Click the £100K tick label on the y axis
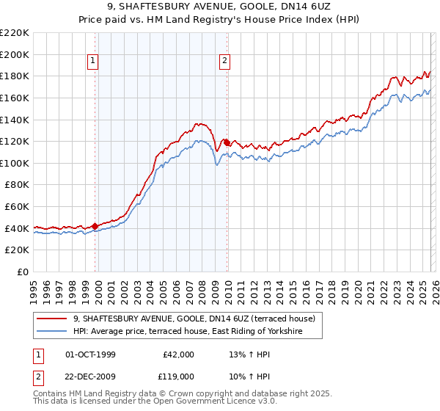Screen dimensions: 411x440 tap(15, 163)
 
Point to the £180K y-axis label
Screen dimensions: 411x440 tap(15, 76)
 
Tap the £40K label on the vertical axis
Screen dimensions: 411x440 tap(17, 228)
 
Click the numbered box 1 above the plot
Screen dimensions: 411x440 tap(95, 62)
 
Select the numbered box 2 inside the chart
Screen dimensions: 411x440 tap(224, 62)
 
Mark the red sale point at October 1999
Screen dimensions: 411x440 tap(95, 226)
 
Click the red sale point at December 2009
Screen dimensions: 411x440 tap(227, 142)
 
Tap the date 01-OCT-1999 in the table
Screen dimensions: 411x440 tap(90, 354)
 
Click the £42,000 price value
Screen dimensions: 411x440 tap(178, 354)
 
